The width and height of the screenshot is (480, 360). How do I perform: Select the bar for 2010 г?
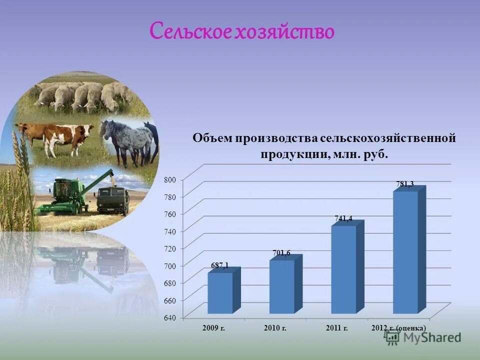coord(281,287)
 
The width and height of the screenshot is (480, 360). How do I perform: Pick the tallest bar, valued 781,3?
coord(405,252)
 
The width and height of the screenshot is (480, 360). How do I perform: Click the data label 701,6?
coord(281,253)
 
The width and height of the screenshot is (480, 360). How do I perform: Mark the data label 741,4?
coord(343,218)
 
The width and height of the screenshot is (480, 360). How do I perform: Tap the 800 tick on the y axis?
coord(170,179)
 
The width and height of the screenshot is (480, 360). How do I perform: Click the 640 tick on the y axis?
coord(170,317)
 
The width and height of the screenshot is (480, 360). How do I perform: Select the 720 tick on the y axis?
coord(170,248)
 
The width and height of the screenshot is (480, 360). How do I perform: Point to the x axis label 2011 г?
coord(336,328)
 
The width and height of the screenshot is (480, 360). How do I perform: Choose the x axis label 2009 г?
coord(213,328)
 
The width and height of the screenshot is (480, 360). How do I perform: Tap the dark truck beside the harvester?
coord(113,200)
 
